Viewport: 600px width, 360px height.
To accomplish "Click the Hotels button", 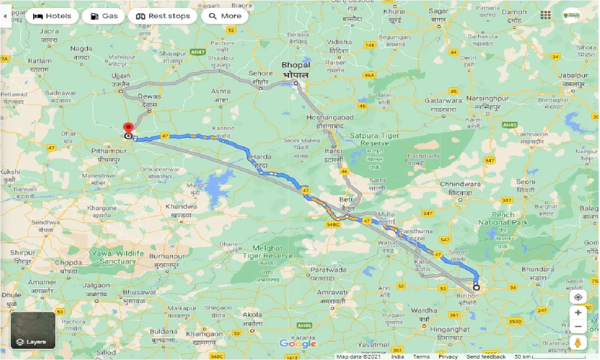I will coord(52,16).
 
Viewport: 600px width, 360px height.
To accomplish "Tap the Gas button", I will coord(104,16).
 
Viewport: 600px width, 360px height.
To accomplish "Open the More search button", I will coord(225,16).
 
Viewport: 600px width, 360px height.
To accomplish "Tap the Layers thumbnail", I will coord(33,330).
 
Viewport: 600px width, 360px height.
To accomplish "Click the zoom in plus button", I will coord(578,313).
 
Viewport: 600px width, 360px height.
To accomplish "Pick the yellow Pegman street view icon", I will coord(578,342).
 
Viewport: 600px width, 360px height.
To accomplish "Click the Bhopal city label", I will coord(296,65).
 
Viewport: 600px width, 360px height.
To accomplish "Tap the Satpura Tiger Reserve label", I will coord(375,139).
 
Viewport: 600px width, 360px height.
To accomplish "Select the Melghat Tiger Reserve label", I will coord(267,252).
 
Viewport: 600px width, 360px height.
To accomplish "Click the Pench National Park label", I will coord(503,218).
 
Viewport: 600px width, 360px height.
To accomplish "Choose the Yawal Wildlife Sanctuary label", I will coord(118,257).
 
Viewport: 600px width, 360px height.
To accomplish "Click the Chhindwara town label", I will coord(460,184).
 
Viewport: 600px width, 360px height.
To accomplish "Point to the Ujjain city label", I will coord(121,76).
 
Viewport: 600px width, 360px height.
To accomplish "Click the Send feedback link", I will coord(486,357).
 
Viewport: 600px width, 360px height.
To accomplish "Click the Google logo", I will coord(298,344).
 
